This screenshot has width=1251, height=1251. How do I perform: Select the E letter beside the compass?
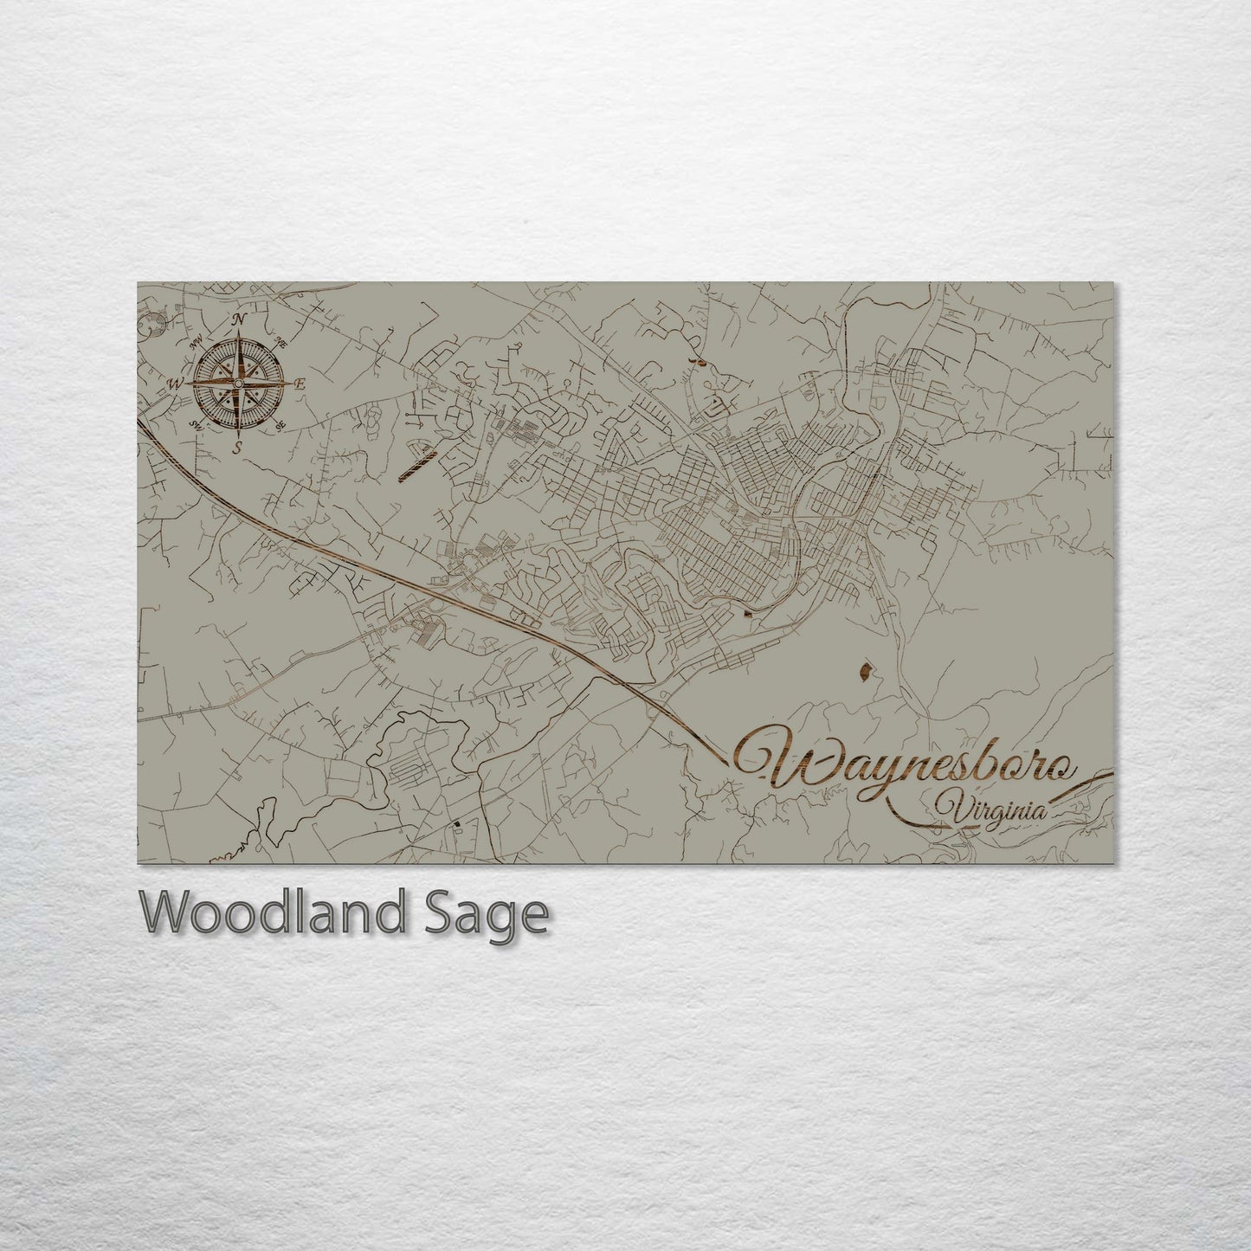coord(300,384)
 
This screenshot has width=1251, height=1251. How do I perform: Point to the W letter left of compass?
coord(176,384)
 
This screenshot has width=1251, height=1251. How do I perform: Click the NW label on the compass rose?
coord(197,340)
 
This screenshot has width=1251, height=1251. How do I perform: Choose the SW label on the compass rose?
coord(195,425)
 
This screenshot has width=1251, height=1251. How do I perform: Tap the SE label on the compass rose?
coord(280,426)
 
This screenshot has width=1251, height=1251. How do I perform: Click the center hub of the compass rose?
coord(238,384)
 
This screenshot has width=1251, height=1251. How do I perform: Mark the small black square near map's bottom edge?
coord(455,824)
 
